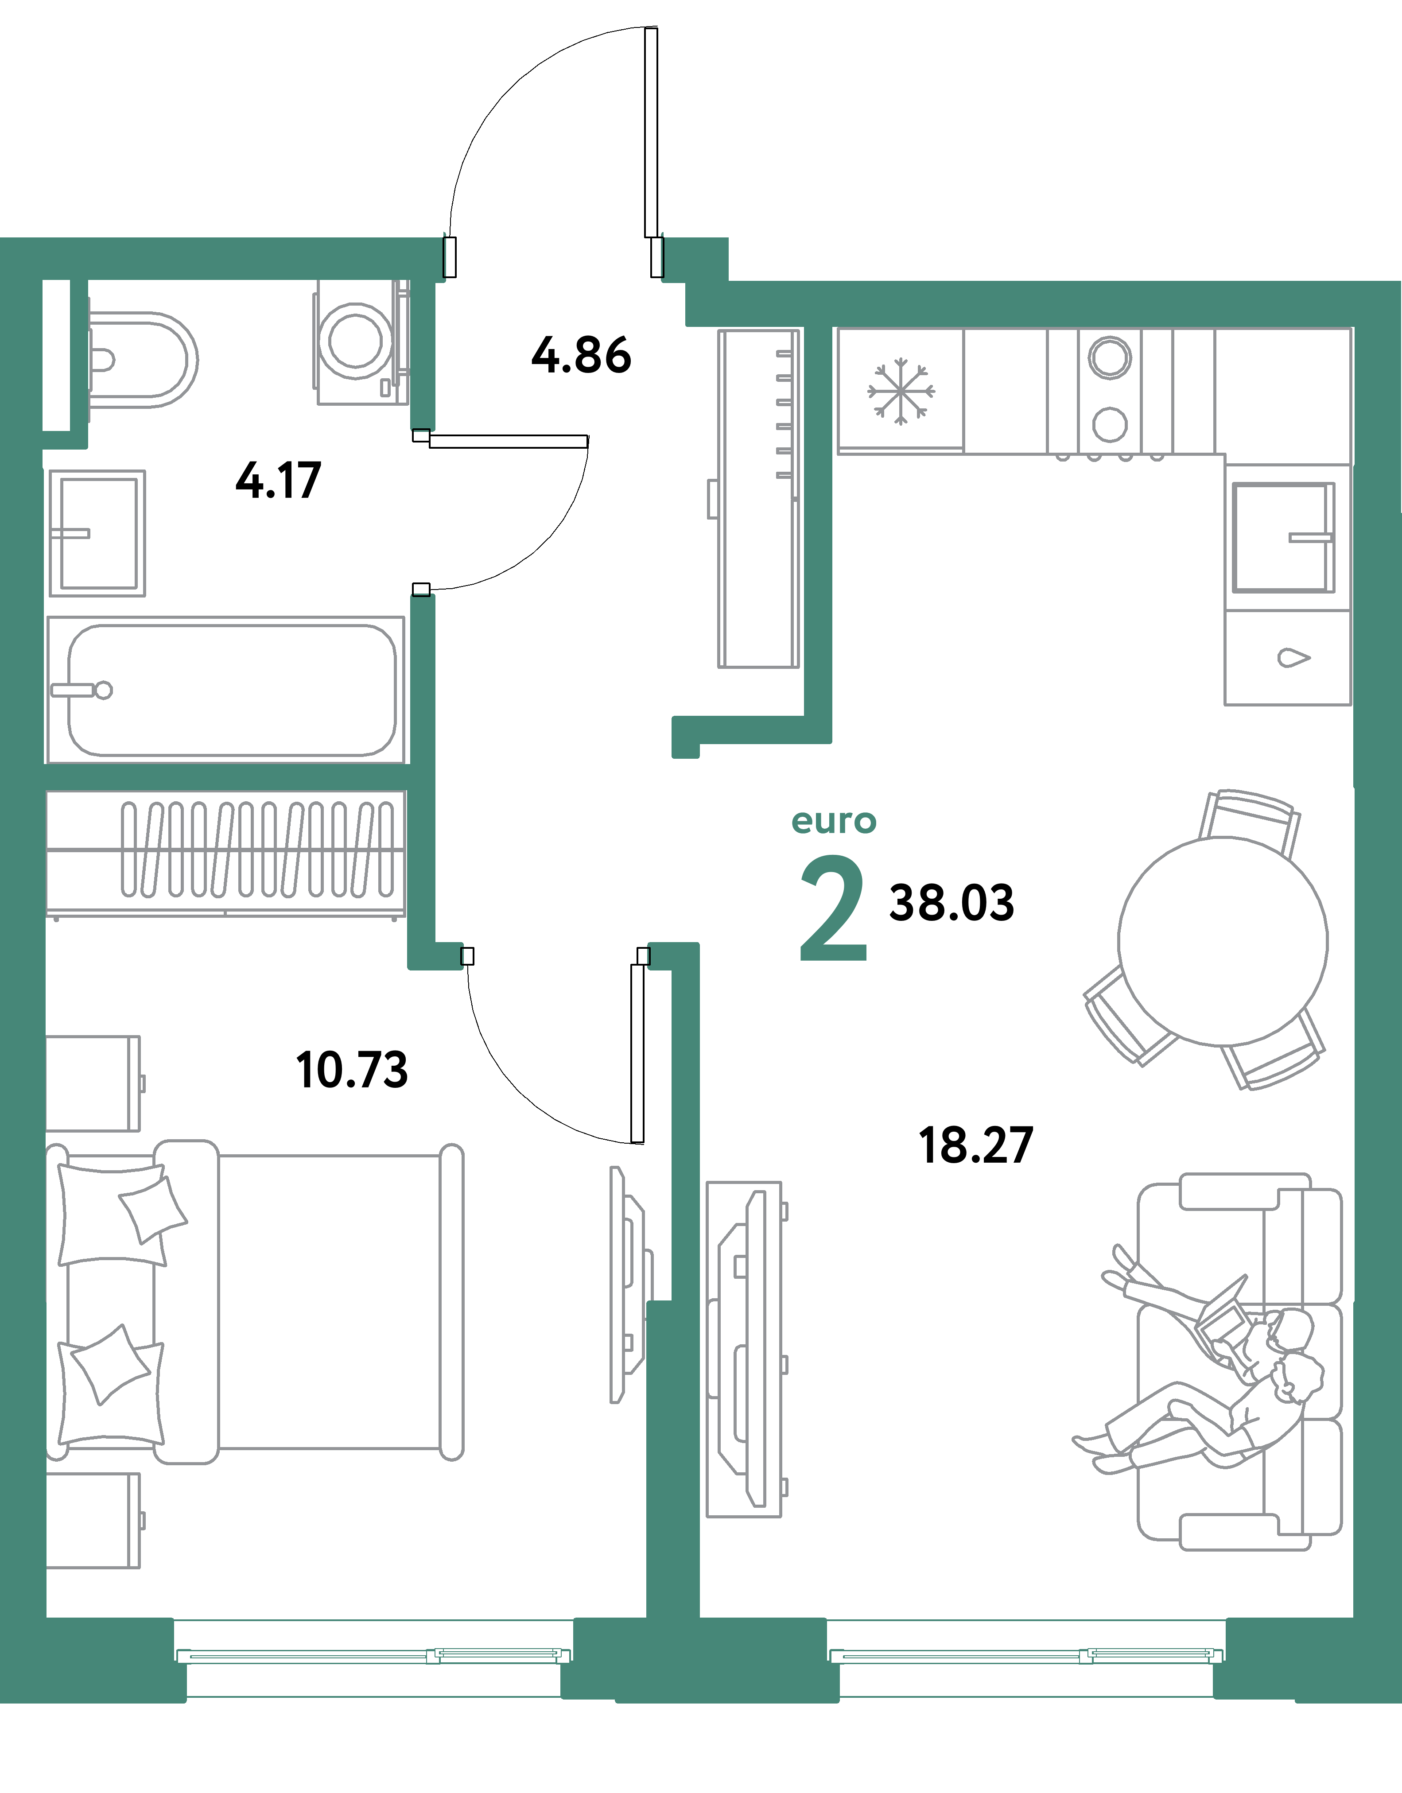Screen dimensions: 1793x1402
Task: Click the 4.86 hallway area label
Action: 581,356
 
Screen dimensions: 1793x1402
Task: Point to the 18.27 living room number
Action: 975,1146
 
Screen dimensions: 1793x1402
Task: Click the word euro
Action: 833,821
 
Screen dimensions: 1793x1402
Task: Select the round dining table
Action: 1222,941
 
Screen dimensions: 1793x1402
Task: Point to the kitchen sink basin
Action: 1281,538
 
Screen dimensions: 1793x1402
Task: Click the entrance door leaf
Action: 651,132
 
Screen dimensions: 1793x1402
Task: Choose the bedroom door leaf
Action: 637,1053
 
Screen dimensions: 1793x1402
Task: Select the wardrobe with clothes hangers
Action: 226,851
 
